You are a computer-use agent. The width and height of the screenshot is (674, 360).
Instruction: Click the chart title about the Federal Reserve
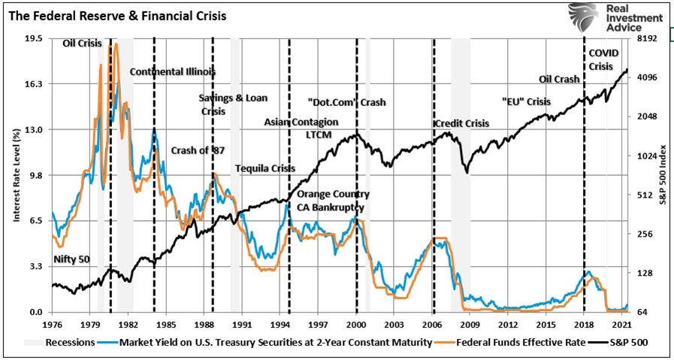[x=118, y=15]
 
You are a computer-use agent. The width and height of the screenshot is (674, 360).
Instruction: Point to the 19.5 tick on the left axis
[x=33, y=38]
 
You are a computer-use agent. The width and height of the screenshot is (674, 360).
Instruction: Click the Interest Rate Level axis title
[x=15, y=174]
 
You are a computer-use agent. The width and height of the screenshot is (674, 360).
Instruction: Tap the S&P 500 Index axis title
[x=663, y=174]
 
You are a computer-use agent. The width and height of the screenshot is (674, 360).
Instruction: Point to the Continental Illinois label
[x=173, y=72]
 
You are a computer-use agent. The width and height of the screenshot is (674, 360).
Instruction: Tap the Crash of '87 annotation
[x=198, y=150]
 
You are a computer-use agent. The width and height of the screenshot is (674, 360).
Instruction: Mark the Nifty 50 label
[x=71, y=259]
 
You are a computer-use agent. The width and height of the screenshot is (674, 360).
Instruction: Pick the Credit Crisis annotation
[x=461, y=123]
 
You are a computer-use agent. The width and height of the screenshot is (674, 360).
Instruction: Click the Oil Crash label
[x=559, y=79]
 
